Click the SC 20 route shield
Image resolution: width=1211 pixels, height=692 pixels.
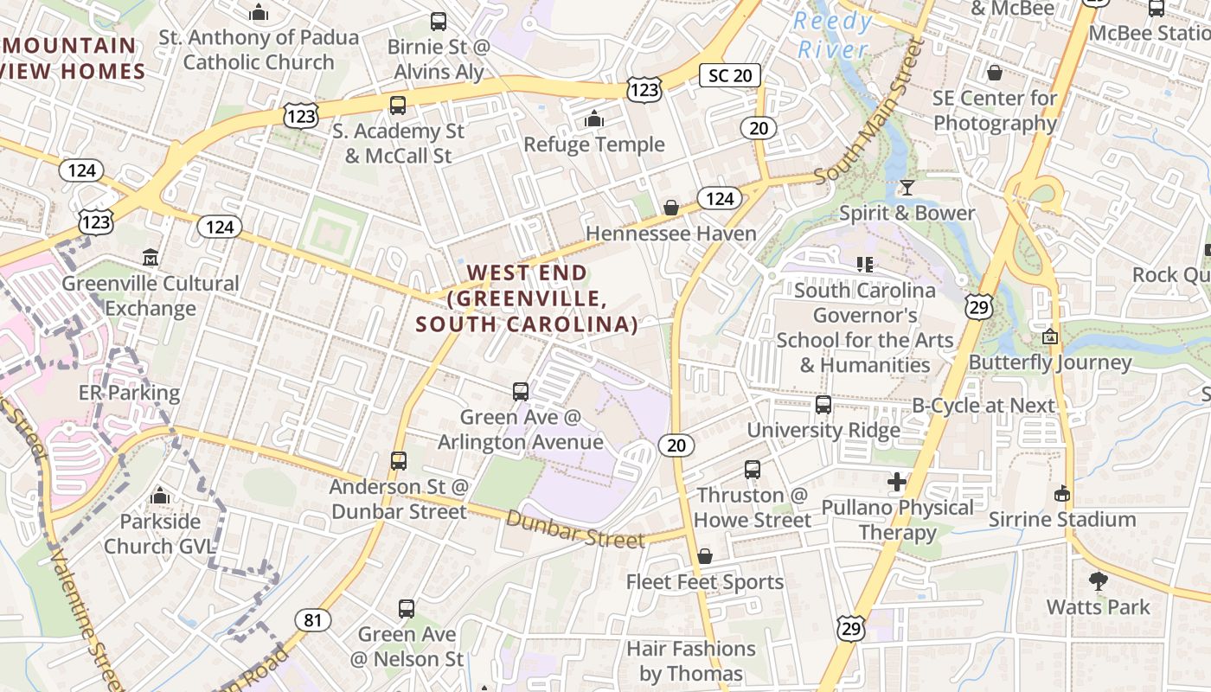(730, 75)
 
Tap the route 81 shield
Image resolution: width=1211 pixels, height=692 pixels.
(312, 619)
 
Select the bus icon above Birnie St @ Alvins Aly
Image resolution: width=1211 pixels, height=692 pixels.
(439, 21)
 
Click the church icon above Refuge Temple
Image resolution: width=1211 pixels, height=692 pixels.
(594, 119)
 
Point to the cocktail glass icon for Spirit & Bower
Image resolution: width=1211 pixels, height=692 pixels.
(907, 187)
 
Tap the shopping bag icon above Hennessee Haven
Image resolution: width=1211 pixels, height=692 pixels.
(670, 208)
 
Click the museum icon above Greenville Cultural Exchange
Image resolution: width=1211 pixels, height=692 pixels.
(151, 258)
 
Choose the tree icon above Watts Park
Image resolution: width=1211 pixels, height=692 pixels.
(1099, 581)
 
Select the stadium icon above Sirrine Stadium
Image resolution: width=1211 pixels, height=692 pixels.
(1062, 493)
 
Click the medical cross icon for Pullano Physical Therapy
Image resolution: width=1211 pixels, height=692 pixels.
(897, 482)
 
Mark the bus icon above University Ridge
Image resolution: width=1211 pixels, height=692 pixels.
(823, 404)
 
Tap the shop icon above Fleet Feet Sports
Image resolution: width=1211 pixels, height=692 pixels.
(705, 555)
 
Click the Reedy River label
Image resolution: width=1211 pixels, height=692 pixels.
(834, 35)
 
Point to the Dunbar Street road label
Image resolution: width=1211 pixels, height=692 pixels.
(575, 529)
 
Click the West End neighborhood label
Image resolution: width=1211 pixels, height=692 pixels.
(527, 298)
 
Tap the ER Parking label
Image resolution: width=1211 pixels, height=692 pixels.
(129, 393)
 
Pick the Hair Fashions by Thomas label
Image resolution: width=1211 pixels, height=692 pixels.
(690, 661)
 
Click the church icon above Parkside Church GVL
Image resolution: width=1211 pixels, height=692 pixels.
(159, 496)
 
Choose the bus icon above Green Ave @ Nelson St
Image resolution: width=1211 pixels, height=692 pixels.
(406, 609)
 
